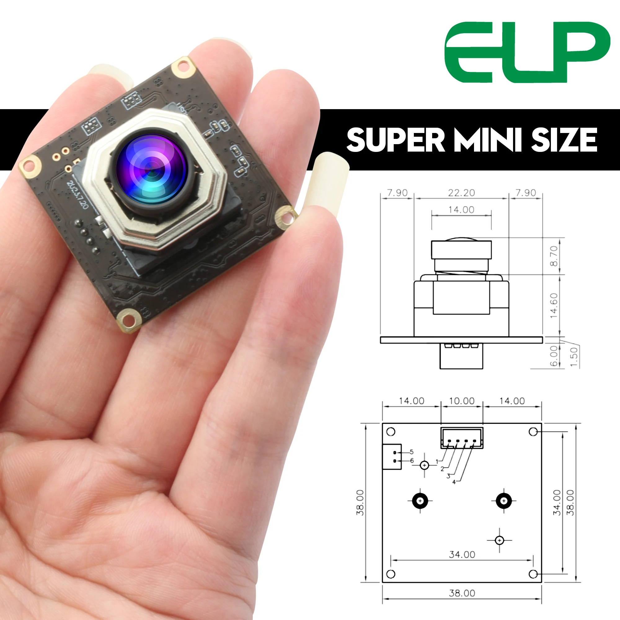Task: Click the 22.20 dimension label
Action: point(461,193)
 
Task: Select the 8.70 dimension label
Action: point(554,256)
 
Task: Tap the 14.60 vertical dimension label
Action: point(554,306)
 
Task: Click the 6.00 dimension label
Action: point(554,356)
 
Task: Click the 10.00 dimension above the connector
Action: point(462,401)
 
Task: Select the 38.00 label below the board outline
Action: point(462,593)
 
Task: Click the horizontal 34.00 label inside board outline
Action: point(462,554)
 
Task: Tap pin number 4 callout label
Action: point(454,482)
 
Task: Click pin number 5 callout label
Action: point(412,452)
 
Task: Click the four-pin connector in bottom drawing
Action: point(462,438)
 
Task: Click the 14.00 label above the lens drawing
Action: point(461,210)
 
